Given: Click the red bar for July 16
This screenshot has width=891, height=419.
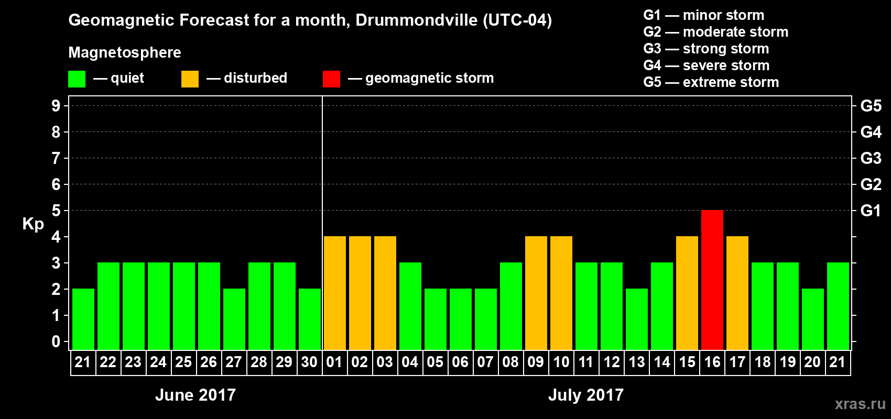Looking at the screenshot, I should [x=712, y=280].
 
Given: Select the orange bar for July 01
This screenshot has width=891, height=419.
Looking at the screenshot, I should [x=335, y=293].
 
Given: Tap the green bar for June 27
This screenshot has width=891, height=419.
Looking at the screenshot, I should [x=234, y=319].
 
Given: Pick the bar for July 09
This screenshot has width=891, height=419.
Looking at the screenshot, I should [x=536, y=293].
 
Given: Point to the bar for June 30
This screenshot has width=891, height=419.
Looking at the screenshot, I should [x=310, y=319].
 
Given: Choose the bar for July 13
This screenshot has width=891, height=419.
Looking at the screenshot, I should [x=637, y=319].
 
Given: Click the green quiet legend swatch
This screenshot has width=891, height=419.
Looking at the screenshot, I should [x=77, y=79].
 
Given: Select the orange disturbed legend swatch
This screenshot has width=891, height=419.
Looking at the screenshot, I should [x=190, y=79].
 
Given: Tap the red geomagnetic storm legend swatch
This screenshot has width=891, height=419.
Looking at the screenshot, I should [x=331, y=79].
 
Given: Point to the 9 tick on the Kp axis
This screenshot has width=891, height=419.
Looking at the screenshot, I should [x=56, y=106].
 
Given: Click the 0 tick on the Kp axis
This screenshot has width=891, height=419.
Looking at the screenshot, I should [x=56, y=342].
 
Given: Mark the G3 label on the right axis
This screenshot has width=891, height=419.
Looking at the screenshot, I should [x=871, y=158].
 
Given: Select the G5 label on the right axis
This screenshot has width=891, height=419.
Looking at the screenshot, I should [x=871, y=106].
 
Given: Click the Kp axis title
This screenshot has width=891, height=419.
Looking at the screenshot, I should [x=33, y=224].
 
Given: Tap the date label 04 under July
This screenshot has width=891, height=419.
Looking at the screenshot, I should [x=410, y=362].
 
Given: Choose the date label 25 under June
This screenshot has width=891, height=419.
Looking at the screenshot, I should [x=183, y=362].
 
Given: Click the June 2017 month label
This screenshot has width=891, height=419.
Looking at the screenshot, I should [x=195, y=395].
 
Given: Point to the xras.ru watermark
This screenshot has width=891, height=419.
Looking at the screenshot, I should [x=860, y=404].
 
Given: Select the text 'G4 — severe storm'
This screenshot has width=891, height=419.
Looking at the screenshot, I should [x=707, y=65].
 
